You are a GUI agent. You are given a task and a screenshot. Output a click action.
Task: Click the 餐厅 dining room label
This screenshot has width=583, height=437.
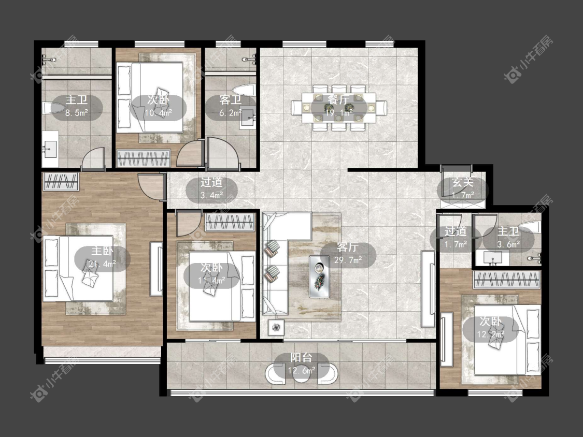(x=339, y=99)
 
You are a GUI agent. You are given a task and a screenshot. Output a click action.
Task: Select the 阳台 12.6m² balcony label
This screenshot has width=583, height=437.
(x=301, y=364)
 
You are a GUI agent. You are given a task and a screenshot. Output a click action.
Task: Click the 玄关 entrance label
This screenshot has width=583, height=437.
(x=463, y=182)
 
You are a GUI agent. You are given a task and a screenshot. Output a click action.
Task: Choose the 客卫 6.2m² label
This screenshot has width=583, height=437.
(x=230, y=106)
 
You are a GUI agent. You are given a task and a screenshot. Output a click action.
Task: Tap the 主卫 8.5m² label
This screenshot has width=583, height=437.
(x=77, y=106)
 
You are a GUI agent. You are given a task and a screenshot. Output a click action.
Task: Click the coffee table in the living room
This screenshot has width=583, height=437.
(x=319, y=276)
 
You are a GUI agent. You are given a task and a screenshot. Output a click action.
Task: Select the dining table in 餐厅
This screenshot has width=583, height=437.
(x=339, y=108)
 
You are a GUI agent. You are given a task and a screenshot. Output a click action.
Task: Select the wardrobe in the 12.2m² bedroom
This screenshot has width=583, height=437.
(x=507, y=280)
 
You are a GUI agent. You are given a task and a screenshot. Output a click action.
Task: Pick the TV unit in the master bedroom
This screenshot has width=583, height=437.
(x=156, y=269)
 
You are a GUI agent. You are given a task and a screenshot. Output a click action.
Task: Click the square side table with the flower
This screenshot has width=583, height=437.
(x=276, y=327)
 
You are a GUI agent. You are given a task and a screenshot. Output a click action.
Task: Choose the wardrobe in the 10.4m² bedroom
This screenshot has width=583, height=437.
(x=144, y=158)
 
